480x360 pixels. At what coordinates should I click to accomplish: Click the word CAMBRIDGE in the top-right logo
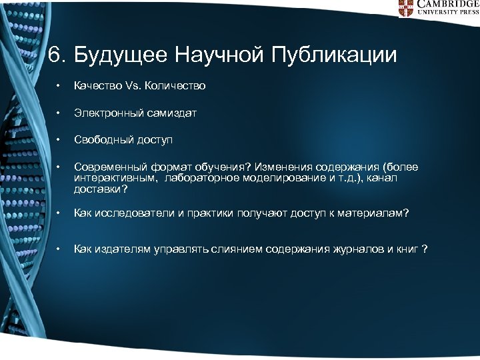(447, 4)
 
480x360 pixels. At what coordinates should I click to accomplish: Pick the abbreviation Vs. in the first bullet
(133, 86)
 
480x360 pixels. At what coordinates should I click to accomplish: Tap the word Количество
(176, 86)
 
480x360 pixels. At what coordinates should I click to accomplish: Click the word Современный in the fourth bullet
(106, 167)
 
